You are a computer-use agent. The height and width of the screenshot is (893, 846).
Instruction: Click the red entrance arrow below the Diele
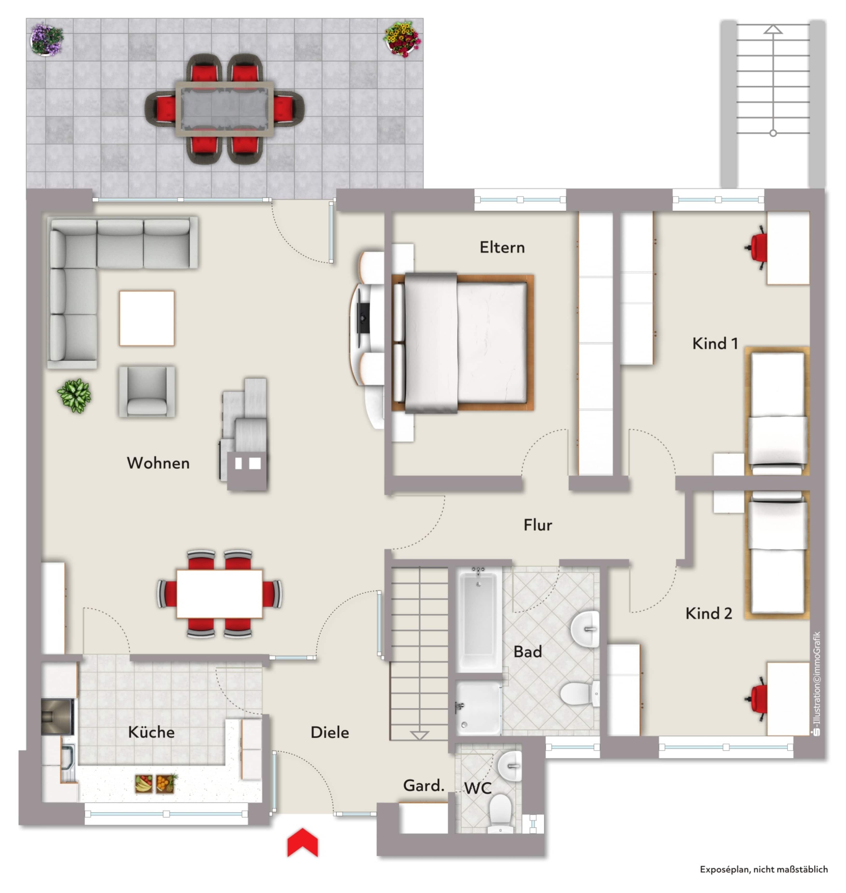303,842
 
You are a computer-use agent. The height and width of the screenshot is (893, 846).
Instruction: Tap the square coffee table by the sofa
147,318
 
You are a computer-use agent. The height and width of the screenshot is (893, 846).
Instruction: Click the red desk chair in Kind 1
757,248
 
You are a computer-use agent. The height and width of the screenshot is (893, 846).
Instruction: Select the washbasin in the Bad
585,628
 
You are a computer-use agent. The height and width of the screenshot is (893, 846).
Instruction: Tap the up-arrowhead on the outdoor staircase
773,30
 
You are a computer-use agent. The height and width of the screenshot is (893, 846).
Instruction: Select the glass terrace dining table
225,109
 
